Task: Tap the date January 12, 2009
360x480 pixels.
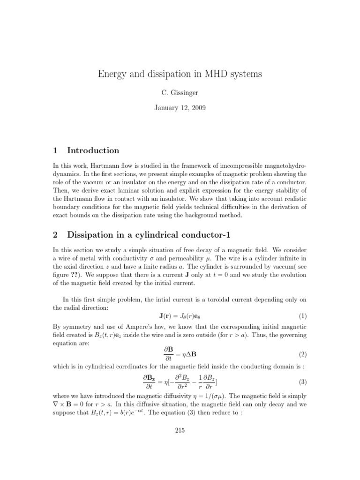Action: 180,108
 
